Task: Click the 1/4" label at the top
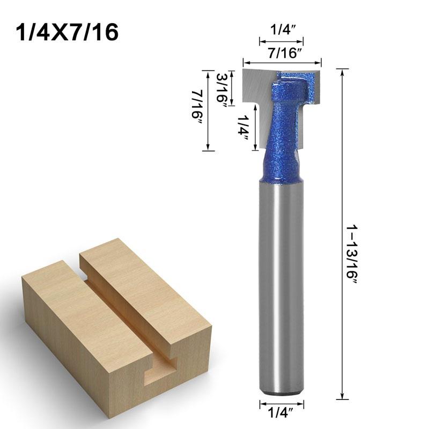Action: [x=282, y=31]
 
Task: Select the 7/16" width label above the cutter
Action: [x=282, y=54]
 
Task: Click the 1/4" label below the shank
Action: [x=282, y=413]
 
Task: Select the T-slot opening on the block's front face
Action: [x=161, y=370]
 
